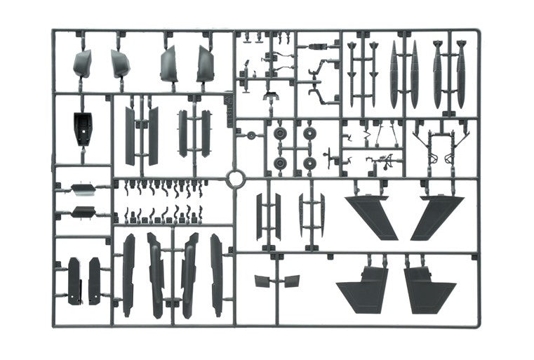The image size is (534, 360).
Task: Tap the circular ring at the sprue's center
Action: coord(234,178)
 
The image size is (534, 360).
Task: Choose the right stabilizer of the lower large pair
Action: coord(427,287)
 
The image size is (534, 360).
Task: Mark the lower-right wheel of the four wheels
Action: coord(309,163)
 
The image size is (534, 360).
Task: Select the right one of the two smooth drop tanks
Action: coord(414,74)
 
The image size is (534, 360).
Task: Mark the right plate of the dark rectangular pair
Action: coord(95,281)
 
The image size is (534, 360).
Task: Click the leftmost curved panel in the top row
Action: coord(83,64)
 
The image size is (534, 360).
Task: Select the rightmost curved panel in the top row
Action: coord(205,65)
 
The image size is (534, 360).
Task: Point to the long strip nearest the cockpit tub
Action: coord(130,136)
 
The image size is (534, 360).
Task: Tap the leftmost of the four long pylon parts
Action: coord(128,274)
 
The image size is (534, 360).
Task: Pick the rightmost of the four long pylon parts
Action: coord(215,274)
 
